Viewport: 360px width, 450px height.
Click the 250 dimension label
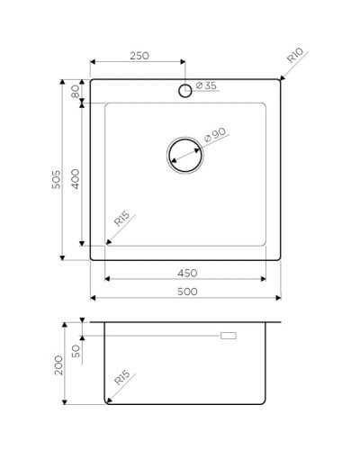(x=138, y=56)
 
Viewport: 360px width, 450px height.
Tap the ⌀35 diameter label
(x=206, y=87)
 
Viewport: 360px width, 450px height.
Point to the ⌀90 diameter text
(x=215, y=135)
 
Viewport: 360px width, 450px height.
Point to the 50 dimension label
(x=76, y=349)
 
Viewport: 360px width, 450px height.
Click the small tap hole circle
(x=185, y=89)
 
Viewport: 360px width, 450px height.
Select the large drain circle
(x=185, y=154)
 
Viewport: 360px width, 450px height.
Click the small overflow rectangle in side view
(x=229, y=336)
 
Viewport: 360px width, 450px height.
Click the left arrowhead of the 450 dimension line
(x=108, y=279)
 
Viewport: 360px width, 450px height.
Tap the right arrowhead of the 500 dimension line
(x=278, y=299)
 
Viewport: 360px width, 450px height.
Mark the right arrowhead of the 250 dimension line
(x=183, y=63)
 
